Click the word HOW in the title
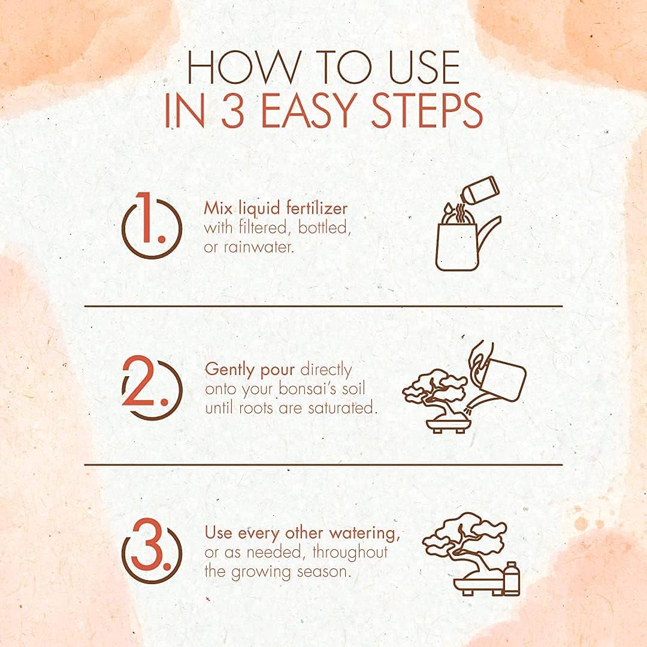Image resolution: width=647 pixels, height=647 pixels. click(x=242, y=67)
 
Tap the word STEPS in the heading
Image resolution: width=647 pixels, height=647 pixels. click(x=427, y=111)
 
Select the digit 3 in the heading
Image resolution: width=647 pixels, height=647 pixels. click(x=234, y=111)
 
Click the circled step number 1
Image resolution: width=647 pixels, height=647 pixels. click(x=152, y=225)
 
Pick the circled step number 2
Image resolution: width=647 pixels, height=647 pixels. click(x=152, y=388)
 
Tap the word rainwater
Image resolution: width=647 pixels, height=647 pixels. click(x=258, y=247)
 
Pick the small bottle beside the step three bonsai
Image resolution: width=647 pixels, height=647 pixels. click(x=512, y=579)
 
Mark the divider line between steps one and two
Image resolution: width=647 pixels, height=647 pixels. click(x=323, y=306)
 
